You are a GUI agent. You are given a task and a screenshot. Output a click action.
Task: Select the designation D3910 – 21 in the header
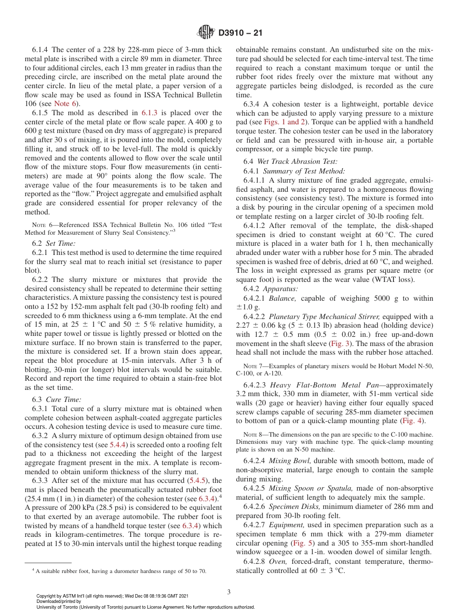tap(240, 33)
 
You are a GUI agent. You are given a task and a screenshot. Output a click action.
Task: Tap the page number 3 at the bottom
tap(229, 592)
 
